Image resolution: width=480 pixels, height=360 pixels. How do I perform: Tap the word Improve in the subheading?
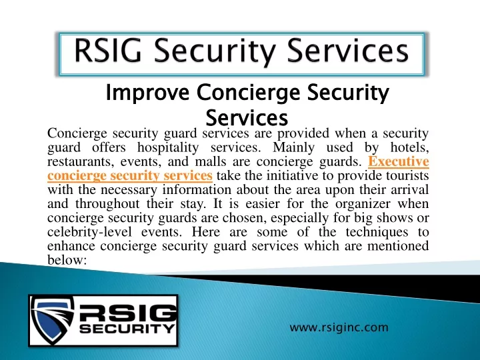pos(147,93)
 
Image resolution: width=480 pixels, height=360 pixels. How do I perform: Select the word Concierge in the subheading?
pos(248,93)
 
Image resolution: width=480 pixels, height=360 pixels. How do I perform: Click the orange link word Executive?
pos(398,161)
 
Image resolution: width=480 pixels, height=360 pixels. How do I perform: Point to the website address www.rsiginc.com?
pos(339,327)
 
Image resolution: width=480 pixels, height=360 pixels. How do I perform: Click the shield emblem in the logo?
pos(53,319)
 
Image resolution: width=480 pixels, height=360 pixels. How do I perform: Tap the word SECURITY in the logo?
pos(127,329)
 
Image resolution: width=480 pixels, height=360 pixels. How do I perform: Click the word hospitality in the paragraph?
pos(168,148)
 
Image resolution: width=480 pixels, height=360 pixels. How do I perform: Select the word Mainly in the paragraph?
pos(293,148)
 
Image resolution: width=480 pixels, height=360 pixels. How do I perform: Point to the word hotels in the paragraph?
pos(409,148)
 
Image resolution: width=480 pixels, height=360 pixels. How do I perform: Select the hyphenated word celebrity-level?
pos(90,232)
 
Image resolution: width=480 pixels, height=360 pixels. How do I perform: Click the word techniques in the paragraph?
pos(377,232)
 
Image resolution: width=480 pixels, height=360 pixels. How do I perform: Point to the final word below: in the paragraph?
pos(67,260)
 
